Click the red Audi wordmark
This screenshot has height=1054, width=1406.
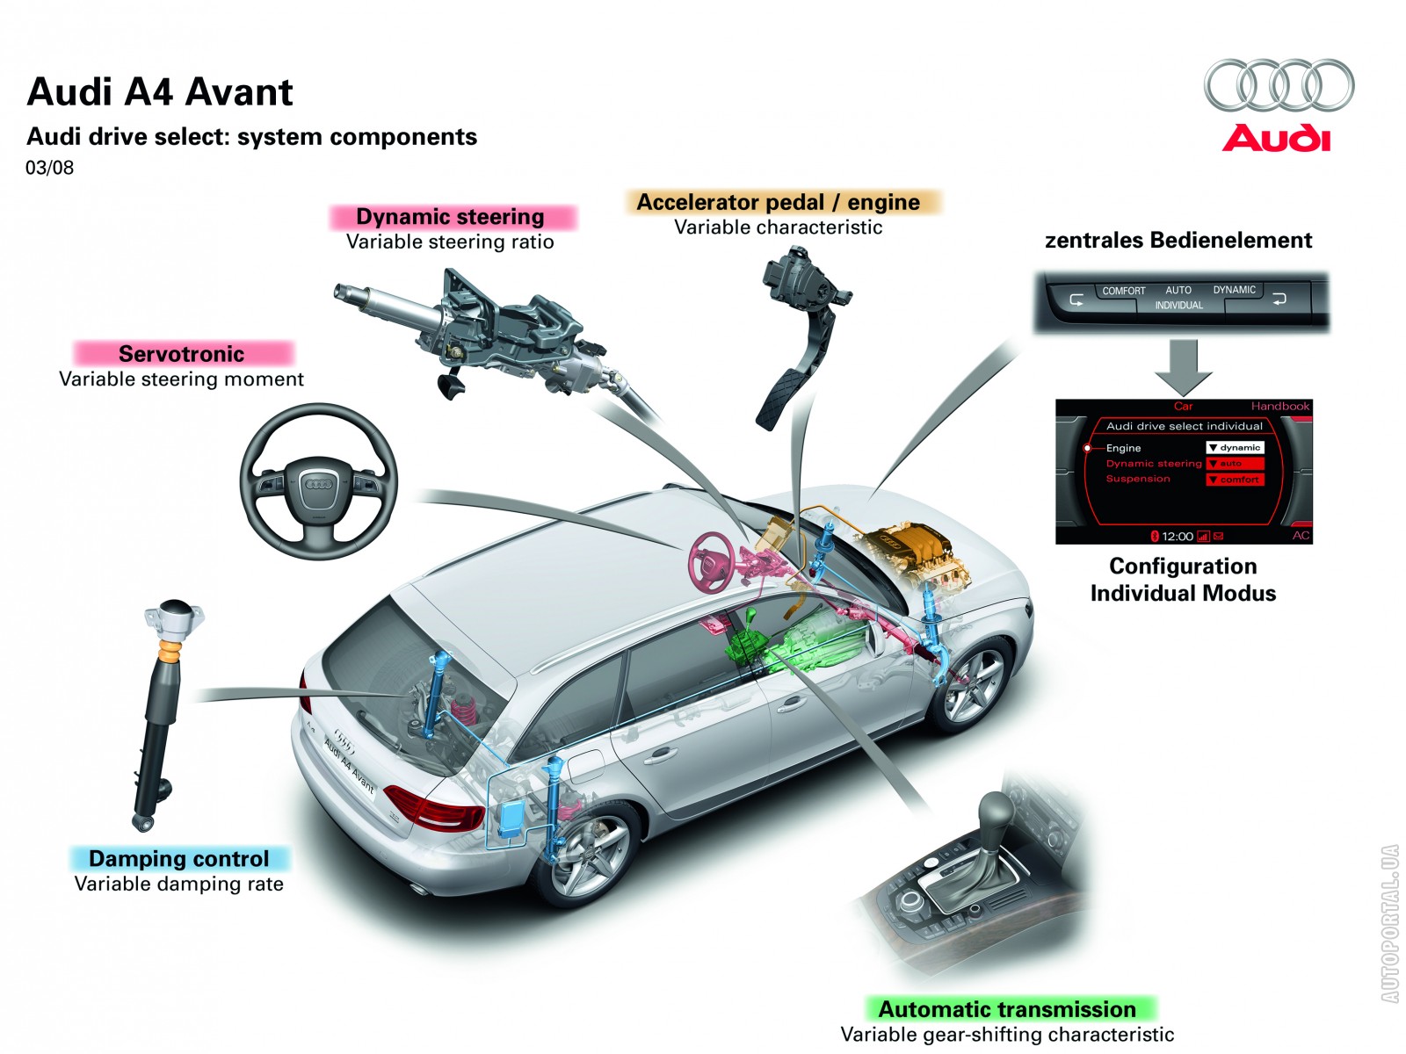[x=1276, y=138]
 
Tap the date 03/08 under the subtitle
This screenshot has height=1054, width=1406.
[x=49, y=168]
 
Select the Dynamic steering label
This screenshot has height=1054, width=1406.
[x=450, y=216]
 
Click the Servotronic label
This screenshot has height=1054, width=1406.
[x=181, y=354]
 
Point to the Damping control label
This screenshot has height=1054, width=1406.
[x=178, y=859]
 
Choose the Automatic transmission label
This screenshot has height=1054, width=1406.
[x=1007, y=1009]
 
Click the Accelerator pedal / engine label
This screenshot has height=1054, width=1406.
[x=779, y=202]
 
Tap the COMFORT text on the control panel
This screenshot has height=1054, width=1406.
[x=1124, y=291]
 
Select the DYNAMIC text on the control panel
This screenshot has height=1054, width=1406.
[x=1234, y=290]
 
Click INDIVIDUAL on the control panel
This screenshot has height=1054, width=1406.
[x=1178, y=306]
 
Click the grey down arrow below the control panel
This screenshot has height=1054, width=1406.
[x=1183, y=367]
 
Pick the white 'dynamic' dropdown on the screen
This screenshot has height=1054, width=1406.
[x=1235, y=448]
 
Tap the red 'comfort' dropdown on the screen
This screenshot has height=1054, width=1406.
[x=1235, y=480]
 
